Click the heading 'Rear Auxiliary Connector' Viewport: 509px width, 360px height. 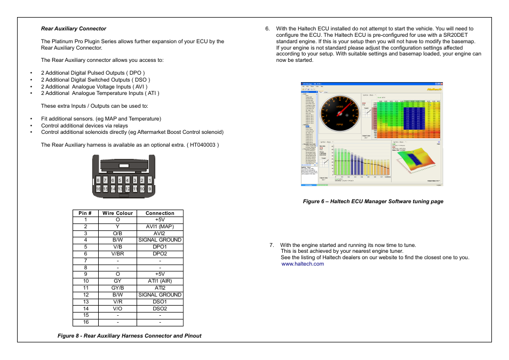click(74, 29)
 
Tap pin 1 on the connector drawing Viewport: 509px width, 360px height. click(150, 180)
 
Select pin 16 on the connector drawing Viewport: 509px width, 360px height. click(98, 189)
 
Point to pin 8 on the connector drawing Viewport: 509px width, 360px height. click(98, 180)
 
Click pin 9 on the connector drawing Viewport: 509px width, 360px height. click(150, 189)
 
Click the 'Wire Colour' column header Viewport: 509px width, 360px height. click(117, 213)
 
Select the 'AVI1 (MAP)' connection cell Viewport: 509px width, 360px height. click(160, 227)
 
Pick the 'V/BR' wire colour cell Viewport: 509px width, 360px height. click(117, 254)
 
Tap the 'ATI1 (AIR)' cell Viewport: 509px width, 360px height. click(160, 281)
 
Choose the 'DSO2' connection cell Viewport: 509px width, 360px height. click(160, 308)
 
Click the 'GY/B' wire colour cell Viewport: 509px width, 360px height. click(117, 288)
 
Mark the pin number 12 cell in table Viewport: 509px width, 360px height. click(85, 295)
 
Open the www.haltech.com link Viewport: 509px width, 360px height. click(303, 263)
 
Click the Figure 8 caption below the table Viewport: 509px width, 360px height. click(130, 336)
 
